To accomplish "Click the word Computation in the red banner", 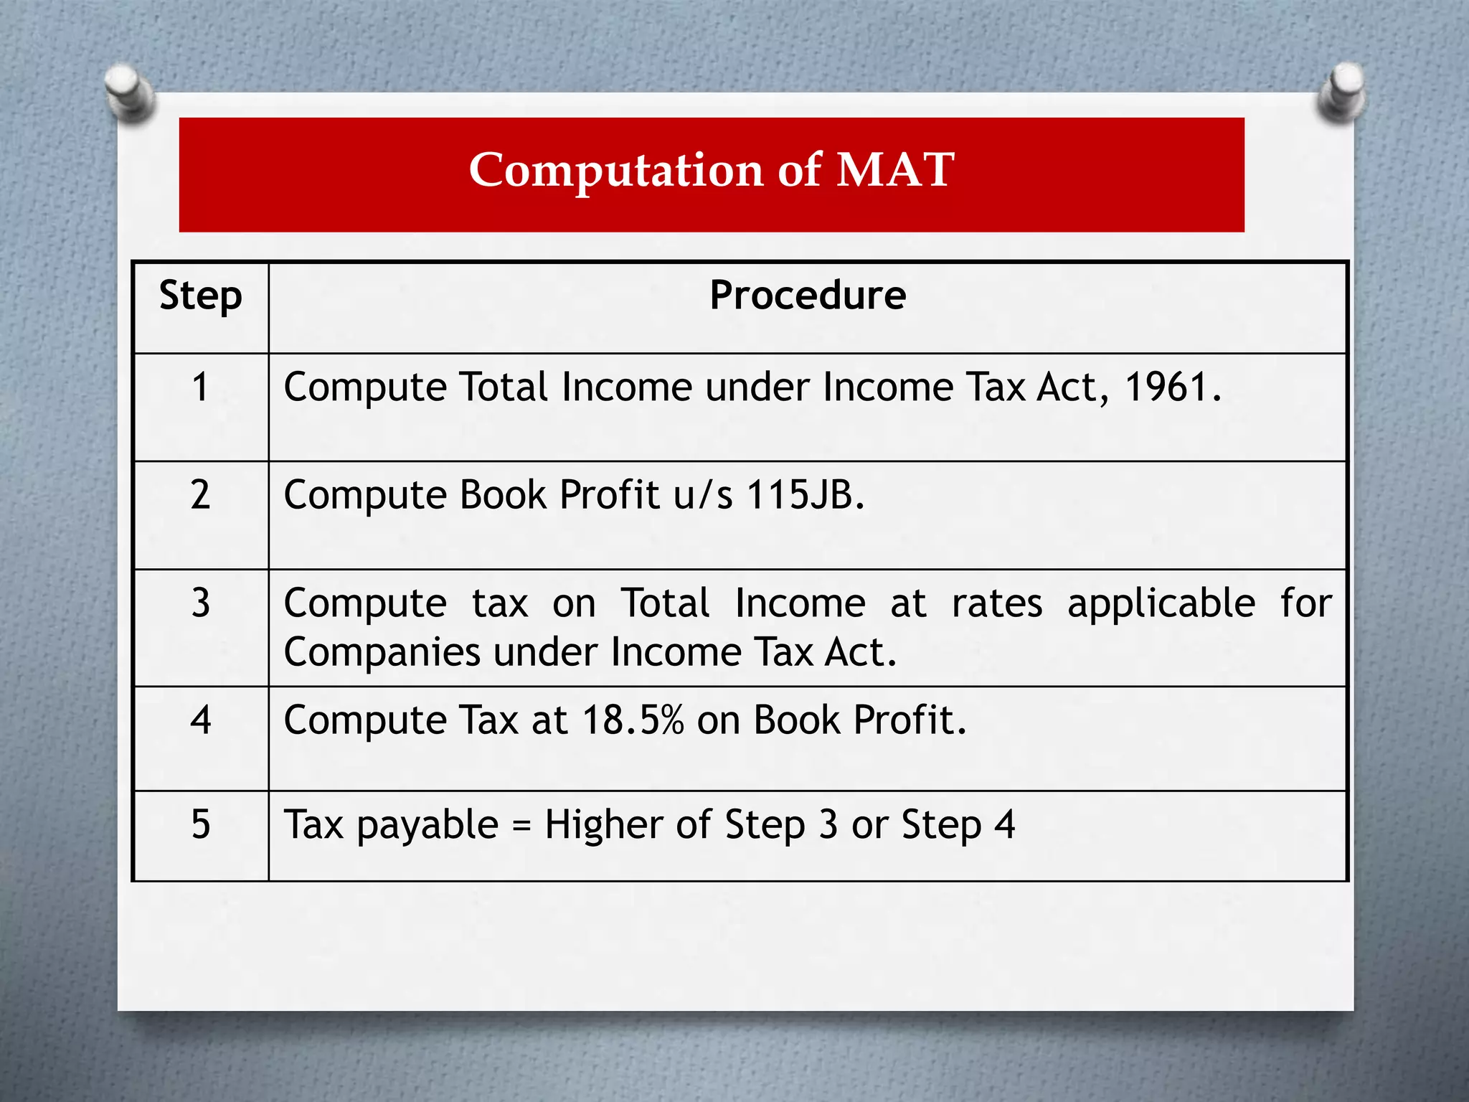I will (616, 171).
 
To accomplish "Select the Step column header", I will (201, 296).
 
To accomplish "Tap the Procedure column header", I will (808, 295).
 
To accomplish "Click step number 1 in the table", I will (201, 387).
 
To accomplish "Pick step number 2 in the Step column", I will (201, 495).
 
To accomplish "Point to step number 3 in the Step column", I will (201, 603).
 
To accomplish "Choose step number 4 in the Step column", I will (201, 720).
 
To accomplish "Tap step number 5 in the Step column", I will (201, 824).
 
